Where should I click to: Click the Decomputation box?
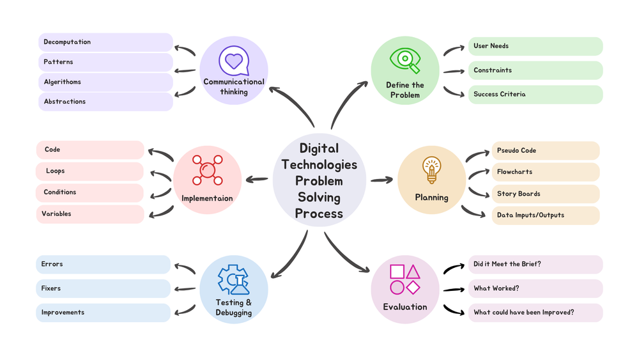pyautogui.click(x=105, y=42)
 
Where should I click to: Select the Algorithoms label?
pyautogui.click(x=63, y=82)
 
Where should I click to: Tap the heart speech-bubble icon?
pyautogui.click(x=233, y=61)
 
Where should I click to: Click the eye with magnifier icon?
pyautogui.click(x=405, y=61)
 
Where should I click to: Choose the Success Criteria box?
pyautogui.click(x=535, y=95)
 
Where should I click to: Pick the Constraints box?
pyautogui.click(x=535, y=70)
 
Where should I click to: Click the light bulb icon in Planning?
pyautogui.click(x=431, y=171)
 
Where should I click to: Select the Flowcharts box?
pyautogui.click(x=544, y=172)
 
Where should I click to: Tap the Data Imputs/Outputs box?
pyautogui.click(x=544, y=215)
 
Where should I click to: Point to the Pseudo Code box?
pyautogui.click(x=544, y=151)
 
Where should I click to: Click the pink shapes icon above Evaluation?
pyautogui.click(x=404, y=279)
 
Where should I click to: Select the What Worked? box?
pyautogui.click(x=535, y=288)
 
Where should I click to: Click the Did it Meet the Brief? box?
pyautogui.click(x=535, y=264)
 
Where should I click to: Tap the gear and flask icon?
pyautogui.click(x=233, y=280)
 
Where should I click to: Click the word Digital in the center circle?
pyautogui.click(x=319, y=149)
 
